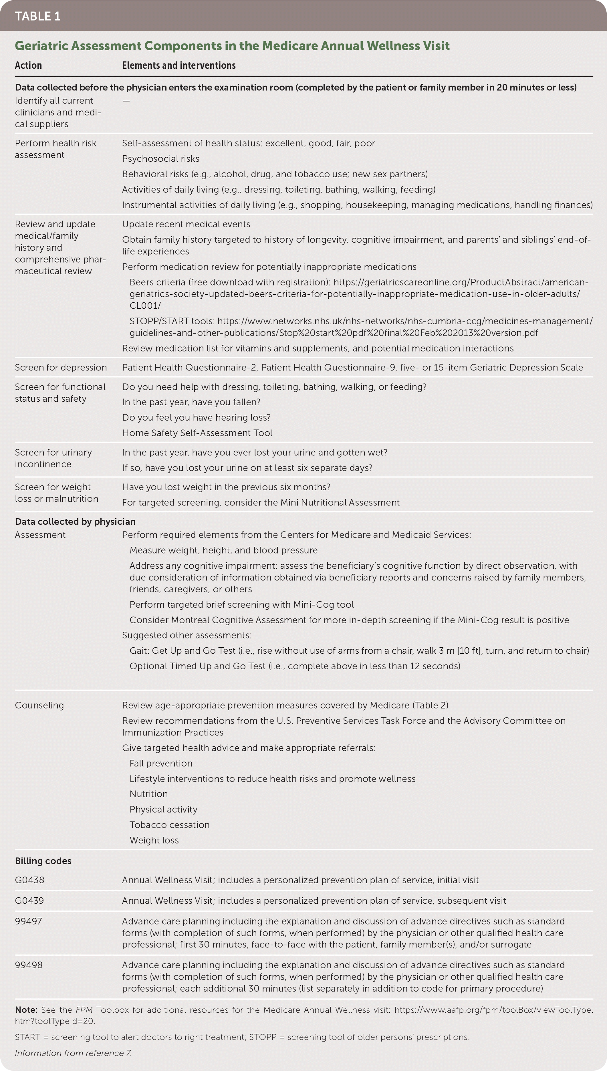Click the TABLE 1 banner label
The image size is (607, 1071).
click(37, 16)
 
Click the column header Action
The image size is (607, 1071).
click(28, 66)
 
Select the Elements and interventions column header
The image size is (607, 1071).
click(179, 66)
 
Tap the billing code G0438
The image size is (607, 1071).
click(29, 880)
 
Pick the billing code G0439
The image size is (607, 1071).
click(29, 901)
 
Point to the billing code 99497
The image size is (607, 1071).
click(28, 921)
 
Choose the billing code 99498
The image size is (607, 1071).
click(28, 965)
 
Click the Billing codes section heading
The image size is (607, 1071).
click(43, 861)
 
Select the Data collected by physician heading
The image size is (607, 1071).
click(75, 521)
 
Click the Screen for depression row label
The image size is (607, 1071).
click(61, 367)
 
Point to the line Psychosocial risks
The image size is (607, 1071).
click(160, 159)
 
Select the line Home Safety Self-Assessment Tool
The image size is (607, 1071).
click(197, 433)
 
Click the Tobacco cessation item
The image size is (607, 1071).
click(169, 825)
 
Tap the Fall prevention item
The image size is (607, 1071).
click(161, 763)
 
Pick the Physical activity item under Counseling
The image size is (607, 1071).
click(163, 809)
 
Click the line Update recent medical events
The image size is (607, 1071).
click(186, 224)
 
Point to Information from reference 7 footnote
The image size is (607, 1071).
click(73, 1053)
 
